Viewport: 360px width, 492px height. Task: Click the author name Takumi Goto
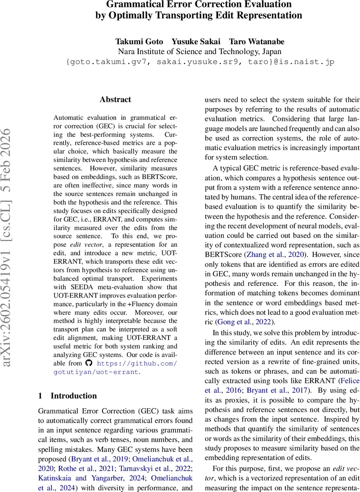tap(139, 42)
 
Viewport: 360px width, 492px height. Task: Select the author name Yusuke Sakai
tap(196, 42)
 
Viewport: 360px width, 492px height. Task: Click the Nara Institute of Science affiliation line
tap(200, 52)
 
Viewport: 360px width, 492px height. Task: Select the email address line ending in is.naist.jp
tap(200, 62)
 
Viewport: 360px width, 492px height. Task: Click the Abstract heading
tap(115, 99)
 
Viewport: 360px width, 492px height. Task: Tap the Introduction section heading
tap(73, 396)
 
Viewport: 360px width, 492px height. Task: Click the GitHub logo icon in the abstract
tap(89, 363)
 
